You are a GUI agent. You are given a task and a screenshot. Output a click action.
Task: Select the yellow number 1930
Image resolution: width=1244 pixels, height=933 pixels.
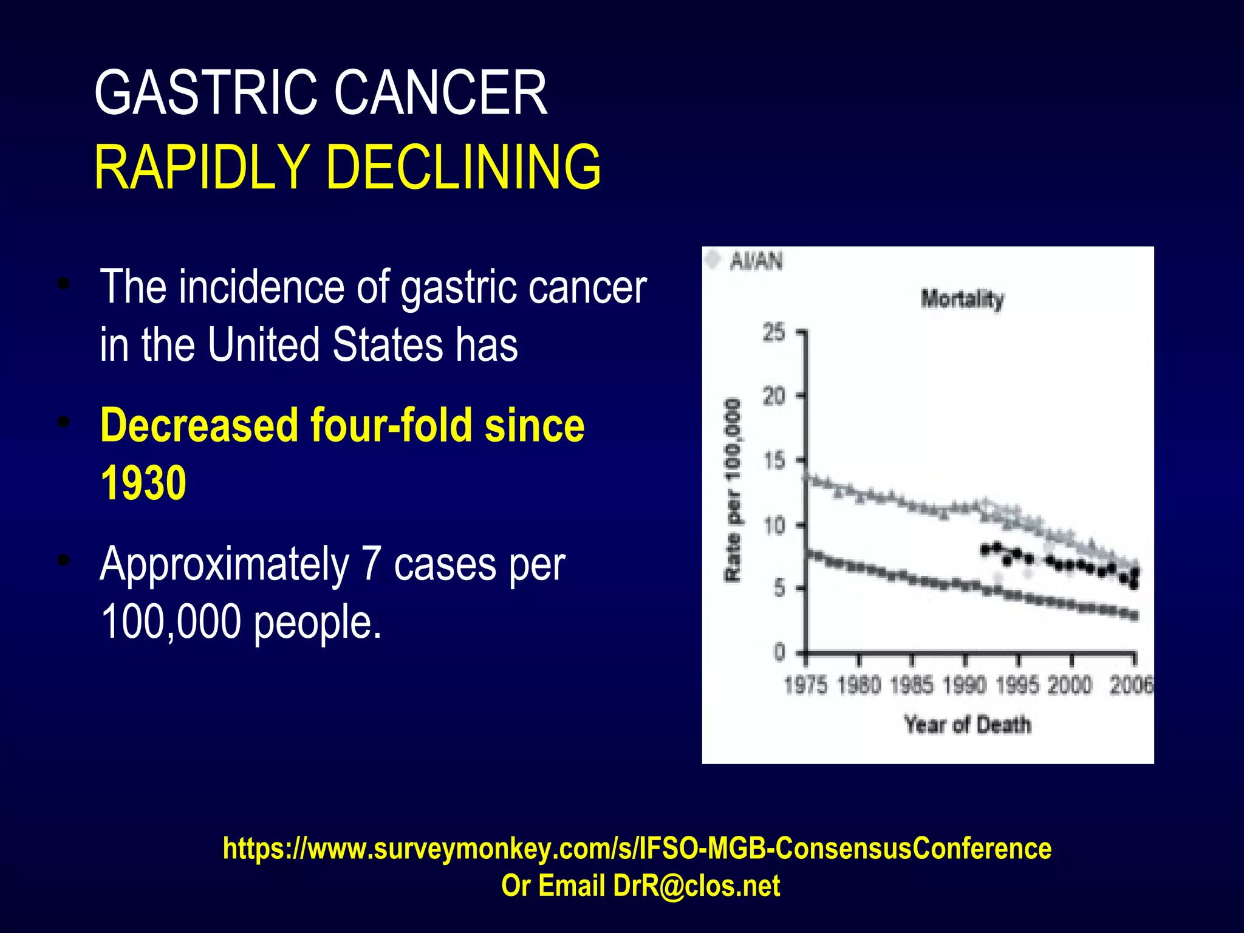click(143, 484)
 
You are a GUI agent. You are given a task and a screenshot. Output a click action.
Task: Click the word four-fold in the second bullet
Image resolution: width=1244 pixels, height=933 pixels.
click(392, 425)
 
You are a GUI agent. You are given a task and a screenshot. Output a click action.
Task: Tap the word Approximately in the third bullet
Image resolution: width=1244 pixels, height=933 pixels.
click(224, 564)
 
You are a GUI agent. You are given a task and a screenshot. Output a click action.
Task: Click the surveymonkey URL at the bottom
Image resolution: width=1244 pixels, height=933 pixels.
click(637, 848)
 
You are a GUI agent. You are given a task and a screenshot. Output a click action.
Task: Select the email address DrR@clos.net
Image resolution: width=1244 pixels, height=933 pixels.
click(696, 886)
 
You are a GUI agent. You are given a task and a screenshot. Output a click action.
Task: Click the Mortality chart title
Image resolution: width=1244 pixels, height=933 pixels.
click(962, 299)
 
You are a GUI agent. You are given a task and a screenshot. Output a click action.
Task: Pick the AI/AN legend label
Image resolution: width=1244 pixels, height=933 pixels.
click(756, 261)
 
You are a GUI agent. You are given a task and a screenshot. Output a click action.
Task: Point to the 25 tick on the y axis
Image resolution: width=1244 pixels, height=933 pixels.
click(774, 333)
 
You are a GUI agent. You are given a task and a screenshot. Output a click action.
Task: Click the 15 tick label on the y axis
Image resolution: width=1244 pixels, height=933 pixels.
click(774, 461)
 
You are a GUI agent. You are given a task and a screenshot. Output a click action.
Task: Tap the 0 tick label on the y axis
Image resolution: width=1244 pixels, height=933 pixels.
click(779, 652)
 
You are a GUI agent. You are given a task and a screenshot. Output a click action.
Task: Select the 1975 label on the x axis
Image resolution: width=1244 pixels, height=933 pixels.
click(805, 686)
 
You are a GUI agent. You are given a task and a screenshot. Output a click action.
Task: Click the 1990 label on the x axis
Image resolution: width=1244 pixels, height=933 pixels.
click(965, 686)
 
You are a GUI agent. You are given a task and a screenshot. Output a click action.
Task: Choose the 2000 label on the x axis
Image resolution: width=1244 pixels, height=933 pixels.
click(1070, 686)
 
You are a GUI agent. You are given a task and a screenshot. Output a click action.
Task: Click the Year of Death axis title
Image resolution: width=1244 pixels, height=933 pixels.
click(968, 725)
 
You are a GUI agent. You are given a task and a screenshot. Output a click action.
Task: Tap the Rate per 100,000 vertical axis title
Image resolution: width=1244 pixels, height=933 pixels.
click(734, 490)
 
